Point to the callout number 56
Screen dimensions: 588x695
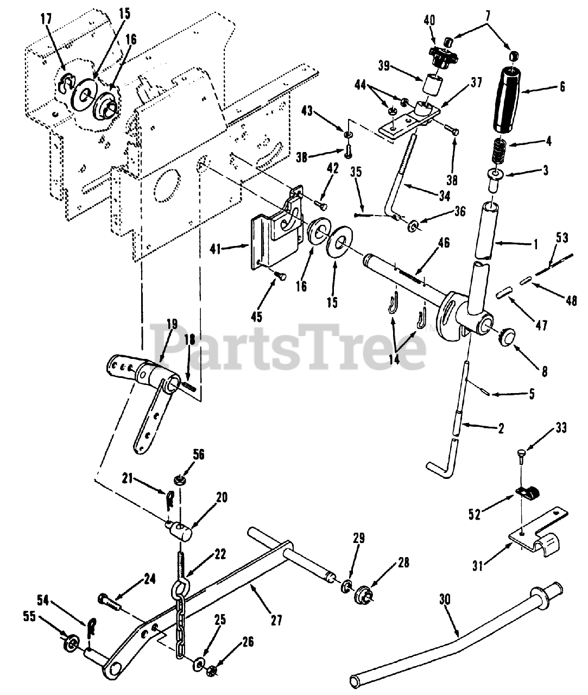coord(198,454)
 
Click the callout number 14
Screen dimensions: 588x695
coord(394,359)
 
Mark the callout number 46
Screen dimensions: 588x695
coord(444,242)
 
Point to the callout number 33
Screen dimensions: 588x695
coord(560,428)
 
